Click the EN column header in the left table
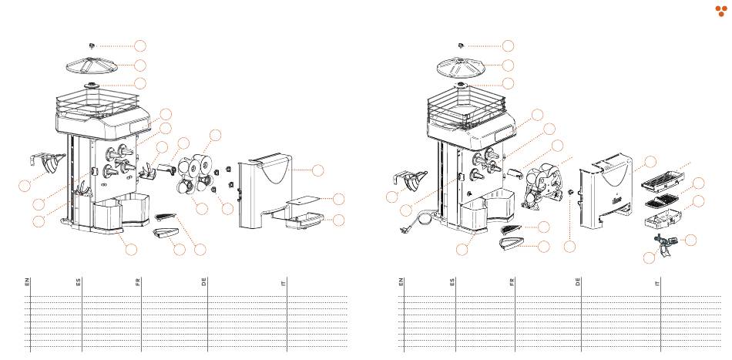pyautogui.click(x=28, y=282)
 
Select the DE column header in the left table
pyautogui.click(x=204, y=282)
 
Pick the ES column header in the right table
pyautogui.click(x=452, y=282)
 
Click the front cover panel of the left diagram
pyautogui.click(x=266, y=189)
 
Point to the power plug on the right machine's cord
pyautogui.click(x=402, y=229)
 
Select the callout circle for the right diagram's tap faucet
pyautogui.click(x=691, y=240)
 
